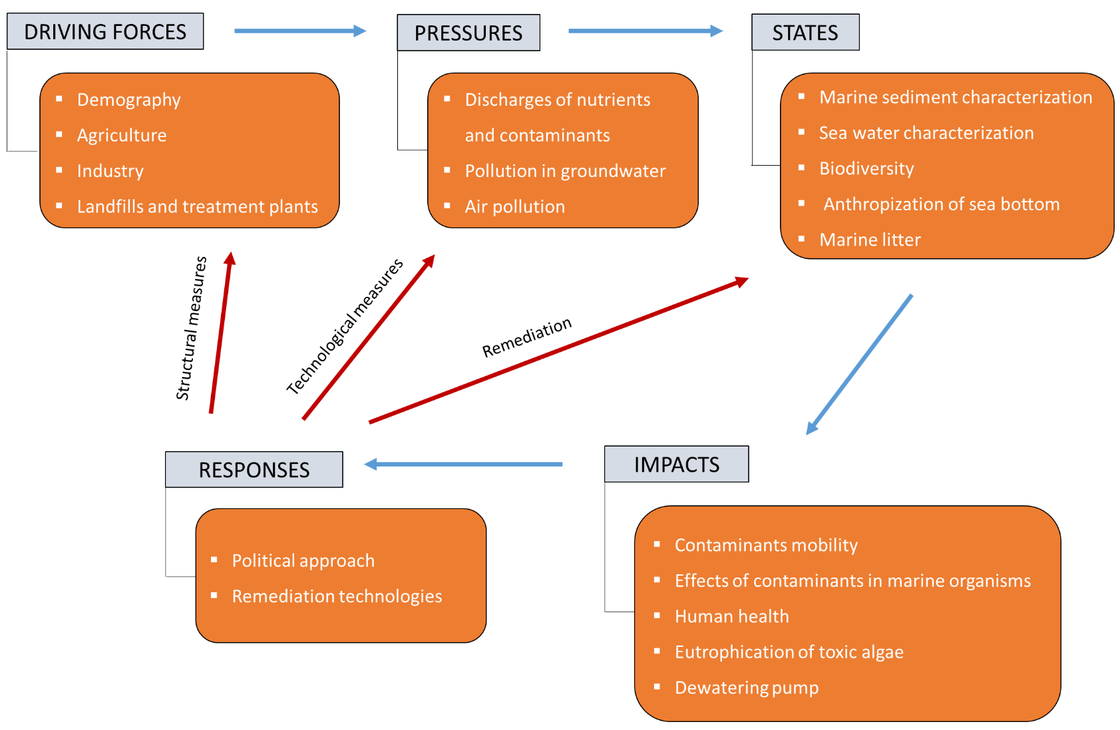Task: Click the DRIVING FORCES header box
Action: (x=105, y=31)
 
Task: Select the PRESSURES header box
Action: (x=468, y=33)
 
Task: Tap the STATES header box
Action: (x=805, y=32)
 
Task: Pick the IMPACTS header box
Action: (x=677, y=464)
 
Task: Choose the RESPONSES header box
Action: (x=254, y=470)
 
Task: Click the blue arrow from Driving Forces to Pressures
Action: (x=301, y=31)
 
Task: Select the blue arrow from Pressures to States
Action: (x=646, y=31)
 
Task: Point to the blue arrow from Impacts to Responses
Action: (x=463, y=464)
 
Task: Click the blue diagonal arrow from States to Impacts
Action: (x=860, y=365)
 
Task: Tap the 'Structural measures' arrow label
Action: (x=191, y=329)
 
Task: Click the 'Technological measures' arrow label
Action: (x=345, y=327)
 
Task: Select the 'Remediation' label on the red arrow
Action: (x=526, y=337)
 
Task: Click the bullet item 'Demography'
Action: (x=128, y=100)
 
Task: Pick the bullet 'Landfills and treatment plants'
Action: (x=198, y=206)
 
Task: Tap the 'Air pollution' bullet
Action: (x=515, y=206)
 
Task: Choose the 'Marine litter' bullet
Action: (x=870, y=240)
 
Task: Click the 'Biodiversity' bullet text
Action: (x=866, y=168)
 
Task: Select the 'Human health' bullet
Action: (x=732, y=616)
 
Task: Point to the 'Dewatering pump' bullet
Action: (x=747, y=688)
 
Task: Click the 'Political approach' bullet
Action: (x=303, y=561)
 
